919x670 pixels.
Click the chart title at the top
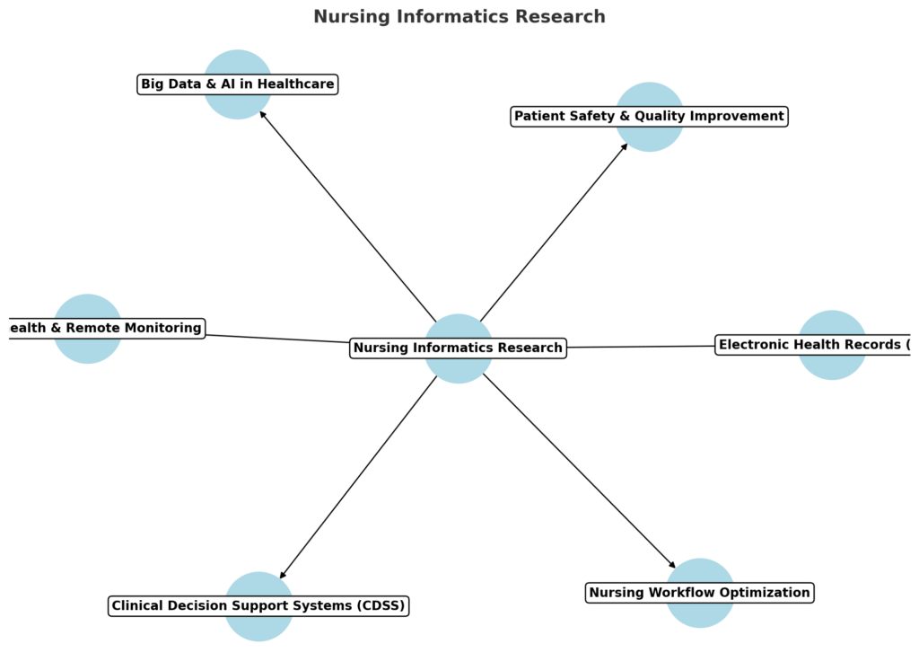459,17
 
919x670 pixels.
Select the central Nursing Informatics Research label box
458,348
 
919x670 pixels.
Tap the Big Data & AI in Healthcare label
237,84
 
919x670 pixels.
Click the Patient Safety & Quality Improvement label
649,116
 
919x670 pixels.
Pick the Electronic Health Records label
813,344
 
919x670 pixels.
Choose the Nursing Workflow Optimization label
699,593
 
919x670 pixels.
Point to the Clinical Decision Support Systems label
258,606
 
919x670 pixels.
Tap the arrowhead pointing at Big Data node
262,115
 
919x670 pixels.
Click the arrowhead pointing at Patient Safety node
625,146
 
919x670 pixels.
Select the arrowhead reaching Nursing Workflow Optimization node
672,565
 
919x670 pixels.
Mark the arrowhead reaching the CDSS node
283,575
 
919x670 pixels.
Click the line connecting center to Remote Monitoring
278,338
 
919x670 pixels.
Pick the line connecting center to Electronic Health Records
642,346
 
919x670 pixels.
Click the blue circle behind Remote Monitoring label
87,350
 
